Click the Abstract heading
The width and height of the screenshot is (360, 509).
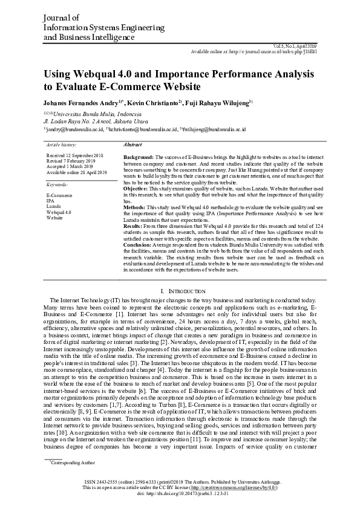coord(133,146)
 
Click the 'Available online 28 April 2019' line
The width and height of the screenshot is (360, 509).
coord(77,172)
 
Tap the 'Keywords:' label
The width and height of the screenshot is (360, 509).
coord(57,184)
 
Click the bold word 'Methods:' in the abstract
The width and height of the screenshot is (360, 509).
coord(134,207)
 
